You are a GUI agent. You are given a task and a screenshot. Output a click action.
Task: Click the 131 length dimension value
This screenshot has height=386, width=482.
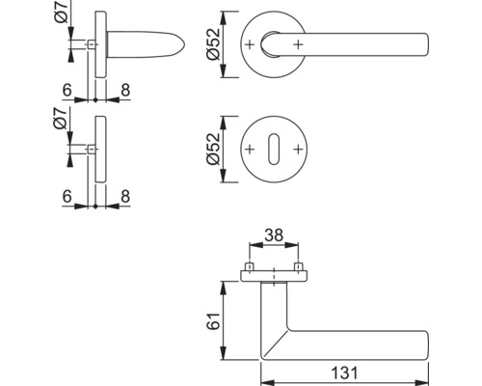click(x=344, y=373)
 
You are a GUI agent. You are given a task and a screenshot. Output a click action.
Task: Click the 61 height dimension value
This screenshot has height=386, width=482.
click(x=213, y=320)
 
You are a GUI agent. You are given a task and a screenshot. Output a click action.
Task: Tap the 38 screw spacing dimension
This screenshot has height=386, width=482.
click(x=274, y=234)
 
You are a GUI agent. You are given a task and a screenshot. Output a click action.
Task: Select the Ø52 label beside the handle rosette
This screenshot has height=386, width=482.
click(x=213, y=44)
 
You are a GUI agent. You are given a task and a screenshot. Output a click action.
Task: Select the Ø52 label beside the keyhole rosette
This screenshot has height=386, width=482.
click(x=213, y=149)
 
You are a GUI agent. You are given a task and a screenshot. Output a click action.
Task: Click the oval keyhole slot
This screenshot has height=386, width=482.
click(x=274, y=150)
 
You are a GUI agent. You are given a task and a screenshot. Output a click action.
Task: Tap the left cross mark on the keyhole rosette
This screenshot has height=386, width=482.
click(x=250, y=150)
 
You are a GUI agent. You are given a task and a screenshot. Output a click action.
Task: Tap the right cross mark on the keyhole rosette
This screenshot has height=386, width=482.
click(x=298, y=150)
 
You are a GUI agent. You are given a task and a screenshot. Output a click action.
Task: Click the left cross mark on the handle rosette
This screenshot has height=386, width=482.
click(x=250, y=44)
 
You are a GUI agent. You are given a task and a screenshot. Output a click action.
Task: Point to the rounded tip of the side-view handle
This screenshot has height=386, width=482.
click(x=184, y=44)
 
